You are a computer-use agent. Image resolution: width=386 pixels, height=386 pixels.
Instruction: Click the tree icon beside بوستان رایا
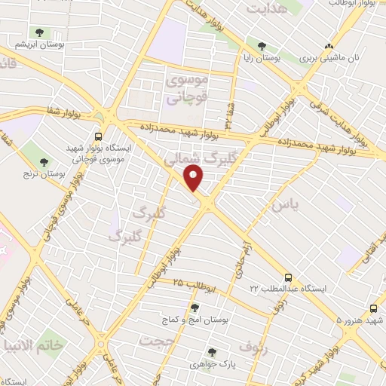pyautogui.click(x=262, y=46)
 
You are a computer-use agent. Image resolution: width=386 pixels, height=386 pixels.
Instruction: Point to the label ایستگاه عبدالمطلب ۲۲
pyautogui.click(x=289, y=289)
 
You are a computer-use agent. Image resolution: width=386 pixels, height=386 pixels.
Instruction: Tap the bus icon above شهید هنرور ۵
pyautogui.click(x=375, y=308)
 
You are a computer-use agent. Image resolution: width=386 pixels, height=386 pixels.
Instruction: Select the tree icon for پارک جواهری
pyautogui.click(x=212, y=351)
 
